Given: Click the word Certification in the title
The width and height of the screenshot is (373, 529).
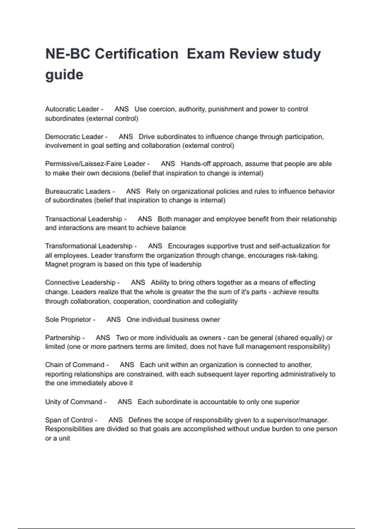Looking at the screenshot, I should (136, 54).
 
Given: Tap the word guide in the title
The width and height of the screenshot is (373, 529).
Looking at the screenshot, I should (64, 75).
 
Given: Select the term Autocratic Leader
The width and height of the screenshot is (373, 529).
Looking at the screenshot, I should (72, 109).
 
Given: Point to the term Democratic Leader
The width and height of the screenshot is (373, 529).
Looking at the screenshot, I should (74, 137).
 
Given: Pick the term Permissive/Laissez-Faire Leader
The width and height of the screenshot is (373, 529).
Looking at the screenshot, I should (95, 164).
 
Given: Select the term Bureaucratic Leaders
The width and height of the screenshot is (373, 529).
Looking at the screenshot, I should (78, 191).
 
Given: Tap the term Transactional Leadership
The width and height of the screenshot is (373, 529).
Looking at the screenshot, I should (84, 219).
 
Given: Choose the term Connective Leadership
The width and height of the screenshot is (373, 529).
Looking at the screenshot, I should (80, 283).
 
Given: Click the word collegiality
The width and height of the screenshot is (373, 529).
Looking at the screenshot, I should (221, 301).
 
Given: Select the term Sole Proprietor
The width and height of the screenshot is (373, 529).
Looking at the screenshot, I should (68, 320).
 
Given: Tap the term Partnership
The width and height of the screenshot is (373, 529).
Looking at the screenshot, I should (63, 338).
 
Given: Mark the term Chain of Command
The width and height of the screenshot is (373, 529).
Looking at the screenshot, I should (75, 365).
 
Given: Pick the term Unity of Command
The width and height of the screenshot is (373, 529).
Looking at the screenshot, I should (74, 402).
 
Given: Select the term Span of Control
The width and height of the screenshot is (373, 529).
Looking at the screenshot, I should (69, 420).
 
